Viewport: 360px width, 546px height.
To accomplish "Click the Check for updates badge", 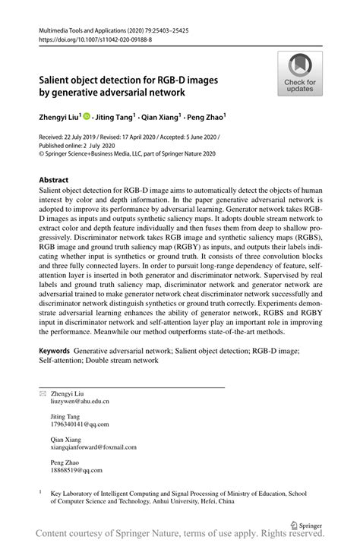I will click(301, 74).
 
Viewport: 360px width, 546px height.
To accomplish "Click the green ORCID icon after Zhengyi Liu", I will click(88, 118).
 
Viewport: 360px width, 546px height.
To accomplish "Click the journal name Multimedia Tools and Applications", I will click(90, 27).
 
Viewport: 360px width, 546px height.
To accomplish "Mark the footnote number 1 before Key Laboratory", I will click(42, 491).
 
